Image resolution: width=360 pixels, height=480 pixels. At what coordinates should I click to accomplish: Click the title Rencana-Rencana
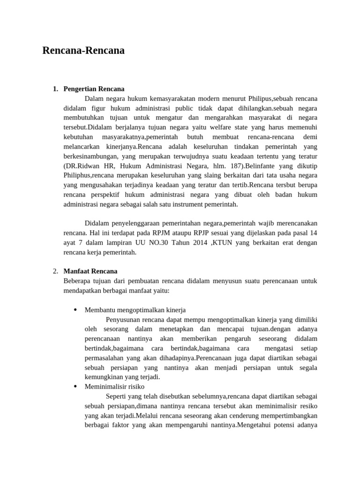coord(83,51)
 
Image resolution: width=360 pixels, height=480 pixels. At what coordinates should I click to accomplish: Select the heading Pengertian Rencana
coord(94,89)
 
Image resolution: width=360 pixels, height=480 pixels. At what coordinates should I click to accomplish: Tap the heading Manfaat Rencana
coord(90,271)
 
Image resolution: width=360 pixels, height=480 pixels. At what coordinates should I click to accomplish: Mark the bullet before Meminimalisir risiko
coord(75,387)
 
